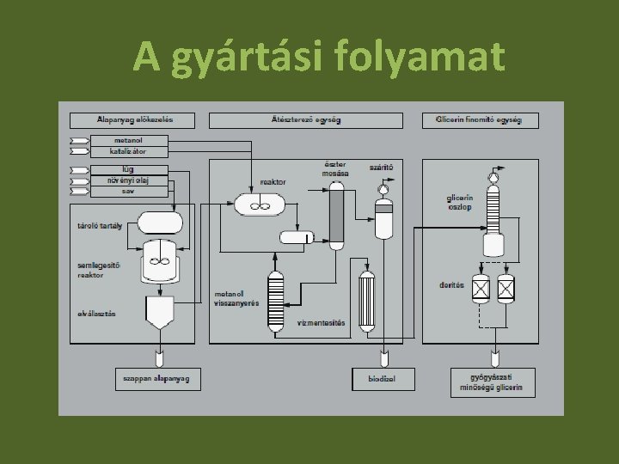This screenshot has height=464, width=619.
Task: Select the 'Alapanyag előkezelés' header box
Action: (132, 120)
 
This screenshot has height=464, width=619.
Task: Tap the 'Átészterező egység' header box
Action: (305, 120)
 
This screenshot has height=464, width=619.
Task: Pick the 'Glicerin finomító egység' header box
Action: (481, 120)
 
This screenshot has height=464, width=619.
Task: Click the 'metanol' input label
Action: (128, 140)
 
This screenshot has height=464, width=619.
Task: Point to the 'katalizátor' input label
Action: (128, 151)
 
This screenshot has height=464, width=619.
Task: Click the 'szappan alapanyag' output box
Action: (158, 378)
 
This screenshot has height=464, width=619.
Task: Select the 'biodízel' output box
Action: (383, 378)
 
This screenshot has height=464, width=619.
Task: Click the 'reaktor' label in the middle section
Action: (273, 182)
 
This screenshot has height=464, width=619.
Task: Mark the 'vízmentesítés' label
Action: (321, 323)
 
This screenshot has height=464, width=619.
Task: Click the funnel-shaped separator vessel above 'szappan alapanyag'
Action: (159, 314)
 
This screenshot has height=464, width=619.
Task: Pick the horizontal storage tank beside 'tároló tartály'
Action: (159, 223)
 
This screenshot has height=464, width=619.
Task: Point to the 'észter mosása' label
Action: (336, 168)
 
